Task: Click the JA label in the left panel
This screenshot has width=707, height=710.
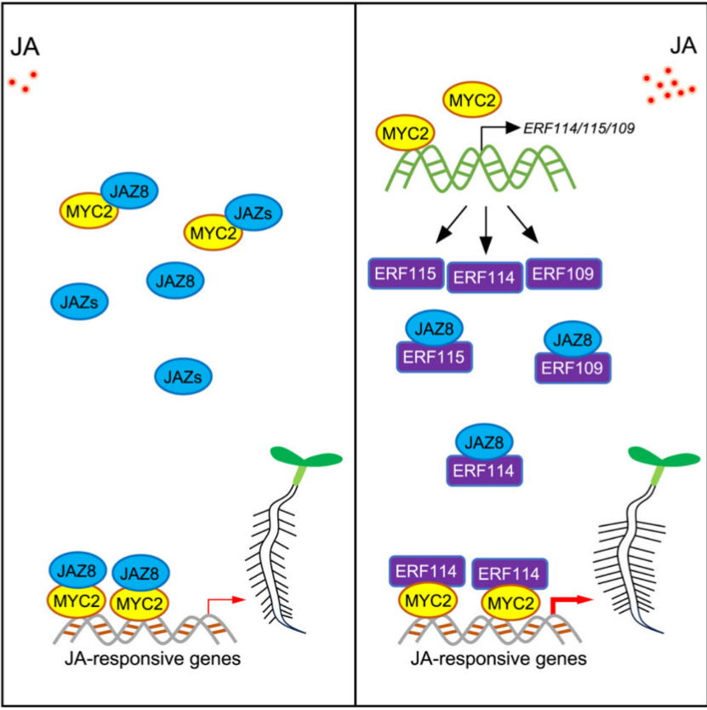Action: (25, 47)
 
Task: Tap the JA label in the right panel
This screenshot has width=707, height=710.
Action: (682, 46)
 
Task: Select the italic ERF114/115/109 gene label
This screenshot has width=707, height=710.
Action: (579, 129)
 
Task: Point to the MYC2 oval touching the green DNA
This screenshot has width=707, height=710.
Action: (406, 133)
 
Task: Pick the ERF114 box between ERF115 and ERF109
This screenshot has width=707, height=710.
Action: (485, 278)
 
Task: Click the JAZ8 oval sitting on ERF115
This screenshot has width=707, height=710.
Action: (435, 329)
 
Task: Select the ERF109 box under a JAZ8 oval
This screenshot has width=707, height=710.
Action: (573, 368)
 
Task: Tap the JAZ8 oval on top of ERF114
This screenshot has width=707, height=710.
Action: (484, 443)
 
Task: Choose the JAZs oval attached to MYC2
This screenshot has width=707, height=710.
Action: (254, 213)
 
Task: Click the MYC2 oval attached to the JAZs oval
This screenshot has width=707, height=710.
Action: (213, 232)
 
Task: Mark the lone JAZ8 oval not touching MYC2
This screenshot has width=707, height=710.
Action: (175, 281)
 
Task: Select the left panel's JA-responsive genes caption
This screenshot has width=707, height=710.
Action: (152, 659)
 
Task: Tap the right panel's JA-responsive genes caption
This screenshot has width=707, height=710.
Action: (499, 659)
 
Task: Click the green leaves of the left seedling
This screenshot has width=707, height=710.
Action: (306, 457)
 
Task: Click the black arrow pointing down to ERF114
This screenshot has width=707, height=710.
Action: (486, 231)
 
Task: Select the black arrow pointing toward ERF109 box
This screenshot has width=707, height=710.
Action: (522, 225)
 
